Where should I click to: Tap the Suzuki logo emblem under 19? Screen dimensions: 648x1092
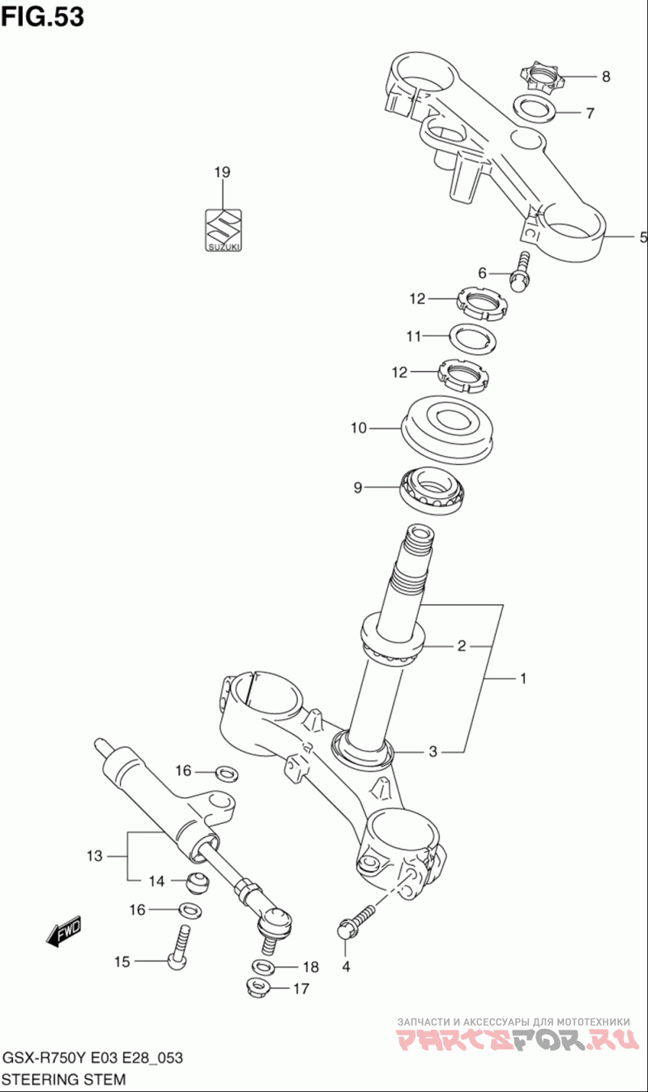point(224,230)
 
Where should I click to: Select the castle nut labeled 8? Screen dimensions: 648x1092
point(539,76)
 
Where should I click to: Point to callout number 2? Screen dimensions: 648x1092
point(461,646)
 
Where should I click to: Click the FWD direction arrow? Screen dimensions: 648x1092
point(64,931)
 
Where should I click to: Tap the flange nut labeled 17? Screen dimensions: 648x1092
point(257,989)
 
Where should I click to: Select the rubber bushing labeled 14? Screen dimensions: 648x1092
point(198,882)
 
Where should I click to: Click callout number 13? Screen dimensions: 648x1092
point(94,855)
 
